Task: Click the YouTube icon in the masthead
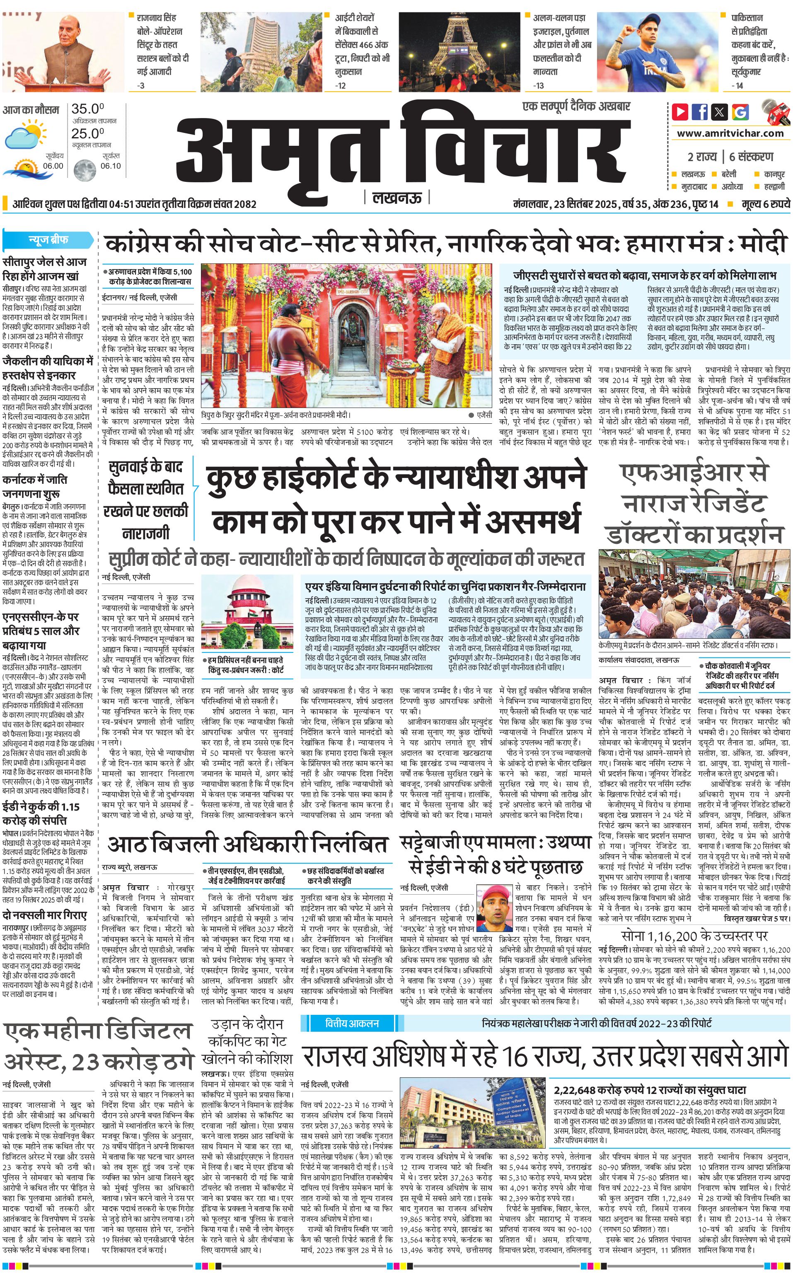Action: [x=680, y=112]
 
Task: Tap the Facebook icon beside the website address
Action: [x=700, y=112]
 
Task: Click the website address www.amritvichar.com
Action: [x=730, y=133]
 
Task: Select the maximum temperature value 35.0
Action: [x=87, y=109]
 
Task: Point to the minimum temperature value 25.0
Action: [x=87, y=133]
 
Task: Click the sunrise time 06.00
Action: [x=53, y=166]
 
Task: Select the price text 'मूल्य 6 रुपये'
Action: [x=765, y=204]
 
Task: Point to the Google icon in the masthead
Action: [x=740, y=112]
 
